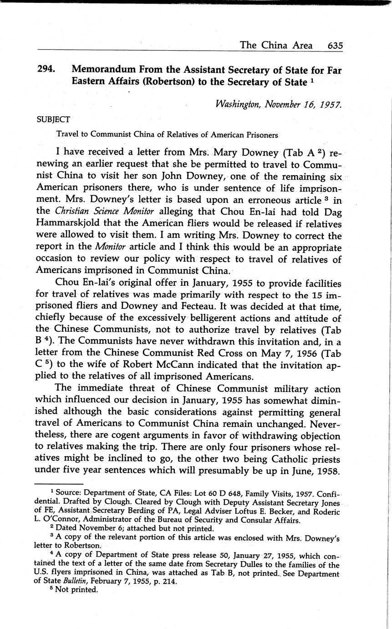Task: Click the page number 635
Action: tap(335, 46)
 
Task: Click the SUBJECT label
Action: tap(53, 120)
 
